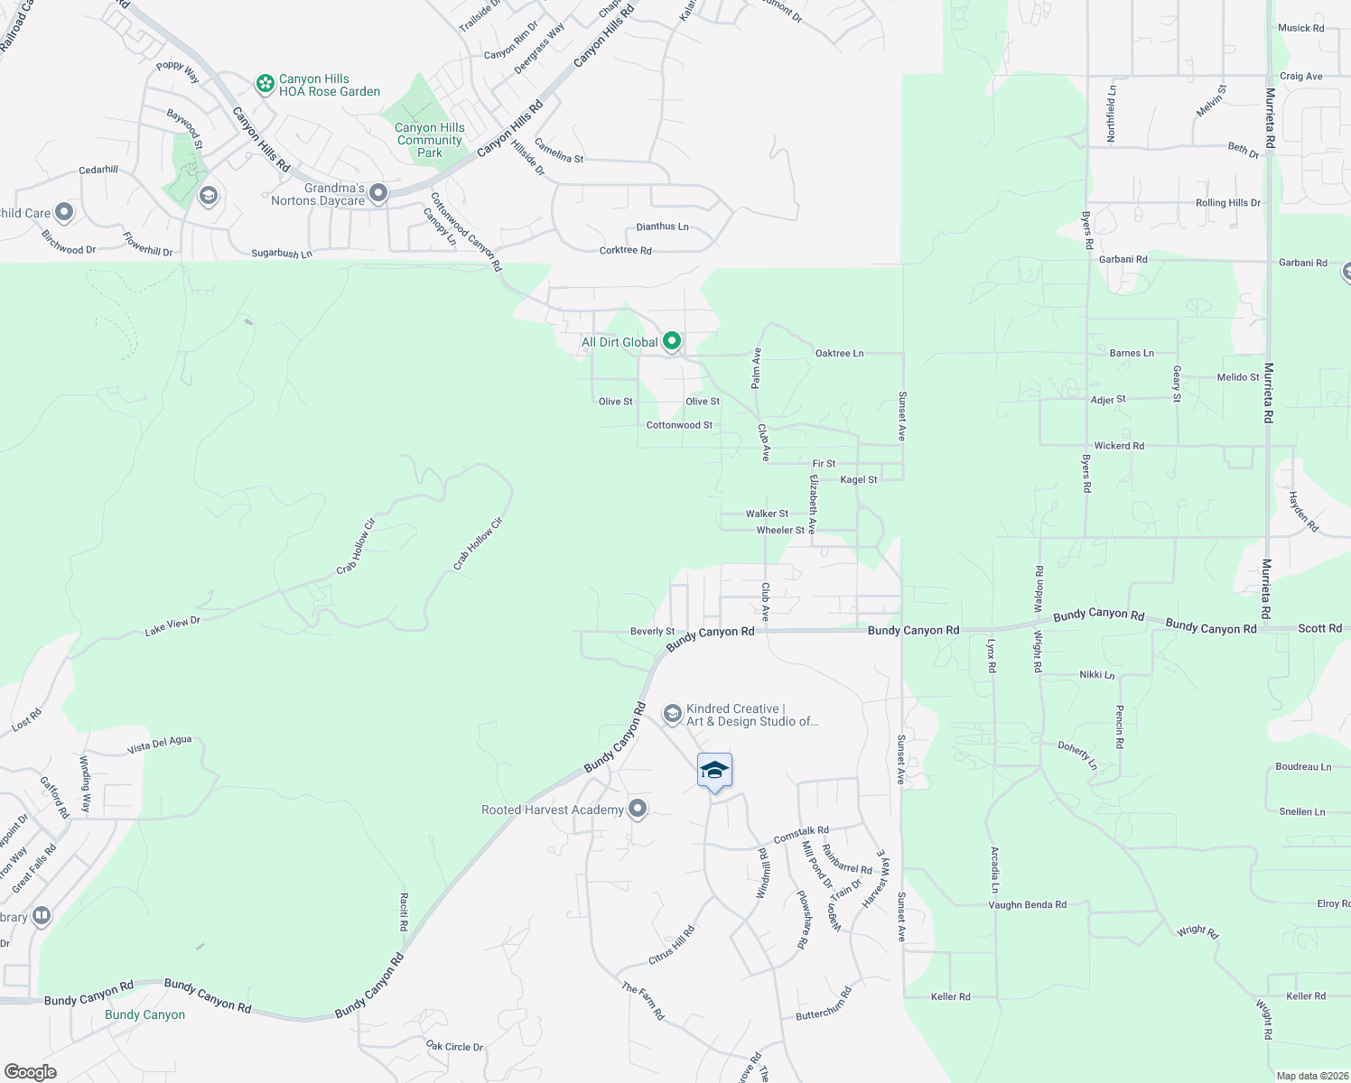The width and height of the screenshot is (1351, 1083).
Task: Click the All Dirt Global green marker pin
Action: click(671, 341)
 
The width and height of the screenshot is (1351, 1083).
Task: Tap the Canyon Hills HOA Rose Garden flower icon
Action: click(265, 84)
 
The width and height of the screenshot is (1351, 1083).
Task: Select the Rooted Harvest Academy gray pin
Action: click(638, 809)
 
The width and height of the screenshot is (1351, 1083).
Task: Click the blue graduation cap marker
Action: click(714, 771)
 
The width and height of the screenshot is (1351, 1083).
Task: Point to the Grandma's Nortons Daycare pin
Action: click(378, 193)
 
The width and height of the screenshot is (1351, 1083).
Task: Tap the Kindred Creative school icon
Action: click(672, 714)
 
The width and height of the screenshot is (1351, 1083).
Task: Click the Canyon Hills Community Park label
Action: click(430, 140)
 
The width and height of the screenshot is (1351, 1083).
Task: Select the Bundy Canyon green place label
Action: click(144, 1014)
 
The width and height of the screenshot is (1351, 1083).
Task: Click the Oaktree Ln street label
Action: click(839, 353)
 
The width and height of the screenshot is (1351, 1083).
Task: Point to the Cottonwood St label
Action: click(679, 425)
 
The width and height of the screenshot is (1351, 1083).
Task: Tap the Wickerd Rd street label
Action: click(1119, 446)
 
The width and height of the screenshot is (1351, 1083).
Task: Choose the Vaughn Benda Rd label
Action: click(1027, 904)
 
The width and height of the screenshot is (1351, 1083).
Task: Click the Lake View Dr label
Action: click(172, 626)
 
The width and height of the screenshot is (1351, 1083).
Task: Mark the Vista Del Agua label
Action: click(159, 745)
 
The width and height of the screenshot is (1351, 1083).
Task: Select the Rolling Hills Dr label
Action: click(1227, 203)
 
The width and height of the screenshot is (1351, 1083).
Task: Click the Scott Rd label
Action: click(1319, 628)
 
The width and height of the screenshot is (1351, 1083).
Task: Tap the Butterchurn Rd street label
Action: click(824, 1004)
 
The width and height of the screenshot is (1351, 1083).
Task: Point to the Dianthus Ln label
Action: click(662, 227)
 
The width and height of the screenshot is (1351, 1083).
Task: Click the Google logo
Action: click(31, 1071)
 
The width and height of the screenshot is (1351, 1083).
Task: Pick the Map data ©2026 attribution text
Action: click(1309, 1076)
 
